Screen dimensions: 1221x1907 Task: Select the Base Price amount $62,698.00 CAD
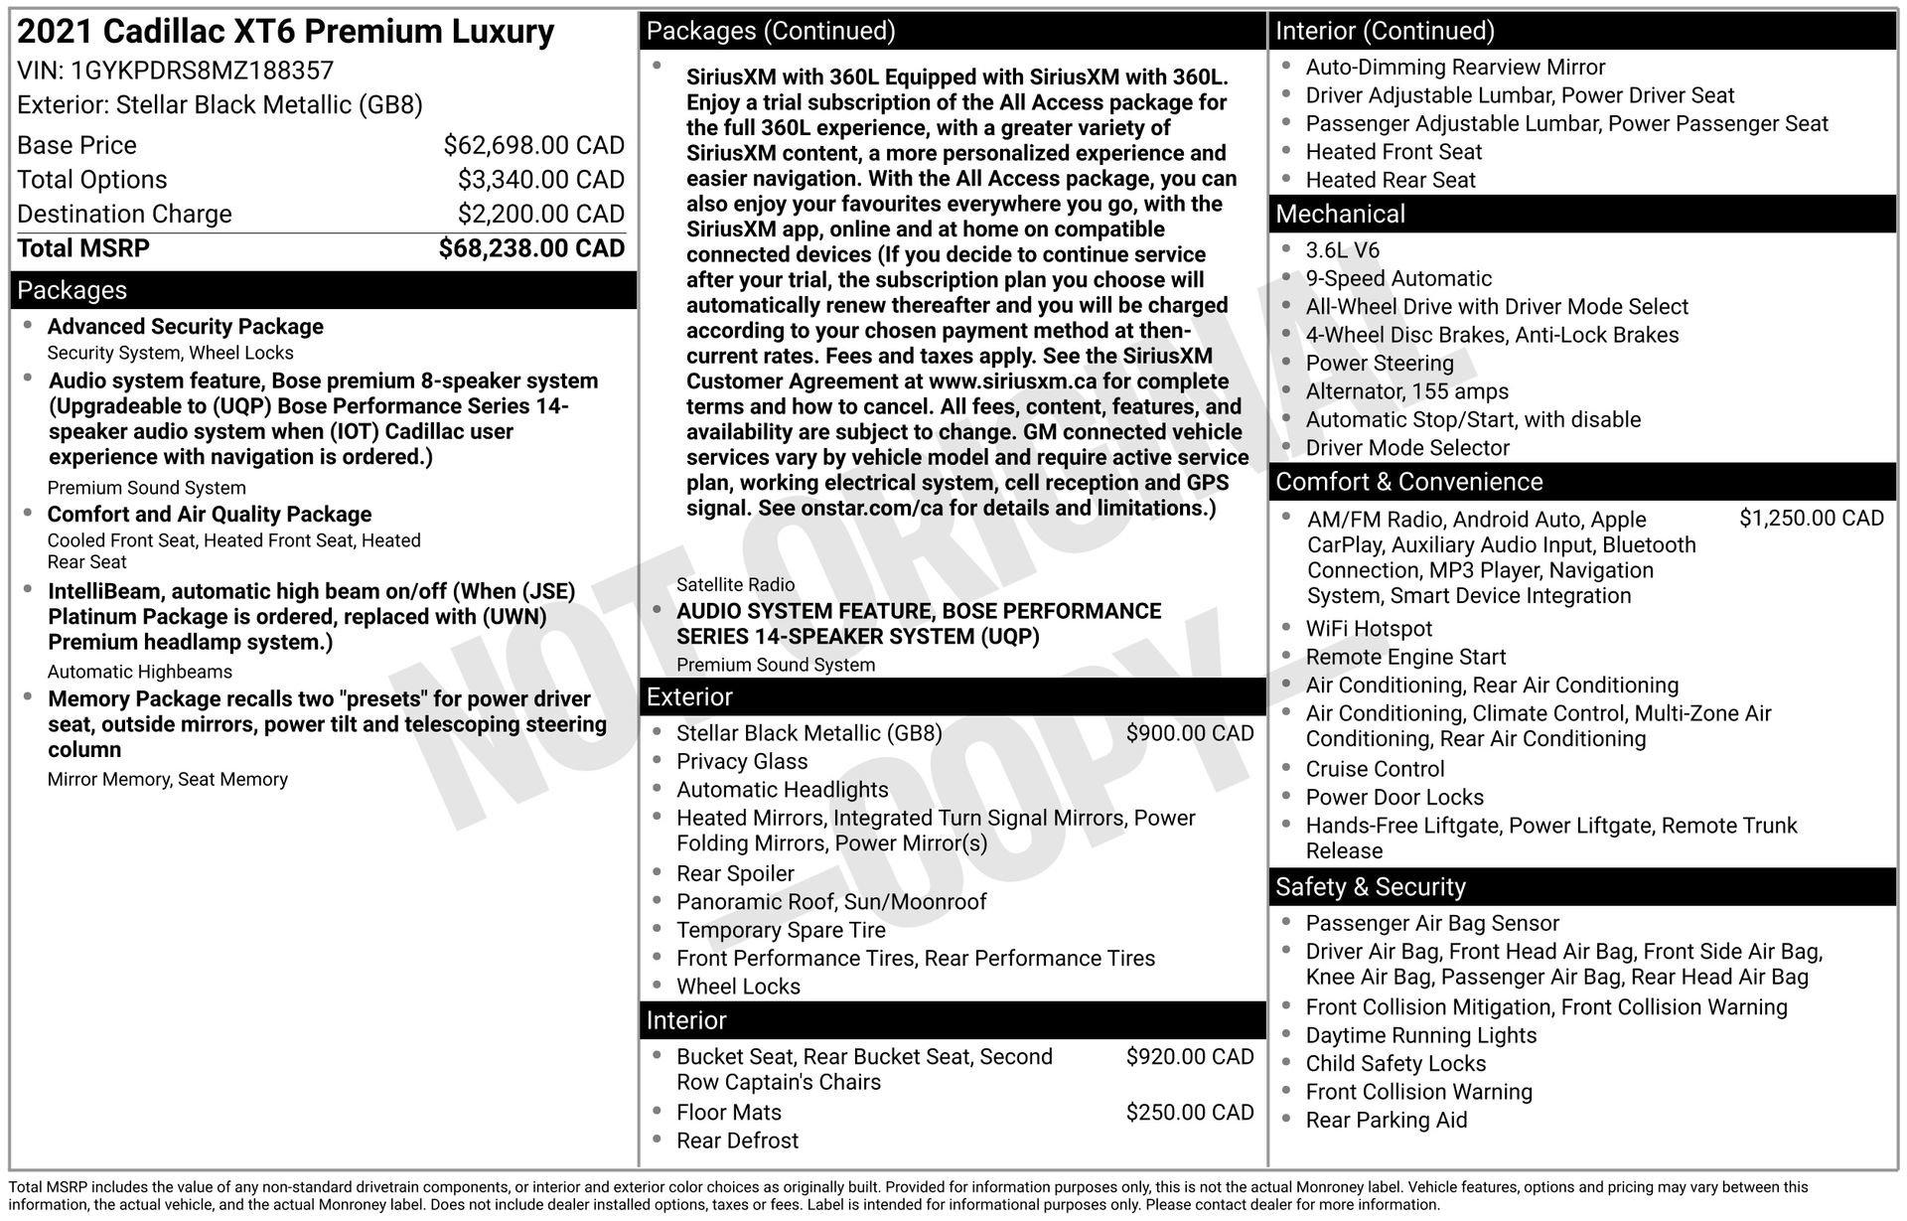(533, 145)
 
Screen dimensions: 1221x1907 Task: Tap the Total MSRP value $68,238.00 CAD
(531, 248)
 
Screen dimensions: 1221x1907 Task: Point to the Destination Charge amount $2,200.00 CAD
(540, 214)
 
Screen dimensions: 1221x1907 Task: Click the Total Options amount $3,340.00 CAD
(540, 180)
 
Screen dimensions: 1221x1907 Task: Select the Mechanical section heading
(1340, 214)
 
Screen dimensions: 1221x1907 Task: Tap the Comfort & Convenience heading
(1408, 482)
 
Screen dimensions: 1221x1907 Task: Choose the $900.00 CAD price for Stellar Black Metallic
(1189, 733)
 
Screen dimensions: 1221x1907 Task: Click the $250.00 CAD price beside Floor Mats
(1189, 1113)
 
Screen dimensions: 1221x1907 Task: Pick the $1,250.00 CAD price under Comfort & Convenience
(1811, 519)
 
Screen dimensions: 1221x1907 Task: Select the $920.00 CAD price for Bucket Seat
(1189, 1057)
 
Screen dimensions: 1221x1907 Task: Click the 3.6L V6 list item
(1342, 250)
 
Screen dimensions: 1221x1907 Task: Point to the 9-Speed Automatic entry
(1398, 279)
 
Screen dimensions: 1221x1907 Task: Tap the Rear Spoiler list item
(735, 873)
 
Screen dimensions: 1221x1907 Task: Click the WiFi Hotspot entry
(1369, 629)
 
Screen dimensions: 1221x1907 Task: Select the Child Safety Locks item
(1395, 1063)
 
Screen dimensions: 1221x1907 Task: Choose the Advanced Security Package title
(185, 327)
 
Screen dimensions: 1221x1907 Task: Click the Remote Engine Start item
(1405, 657)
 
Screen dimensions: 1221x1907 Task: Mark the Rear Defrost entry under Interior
(737, 1141)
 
